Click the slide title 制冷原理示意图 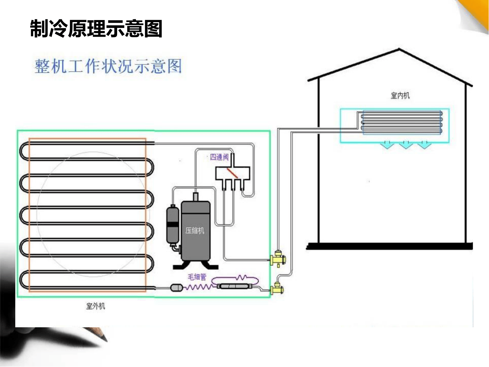(96, 28)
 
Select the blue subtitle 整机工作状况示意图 (108, 66)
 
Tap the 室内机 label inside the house (400, 96)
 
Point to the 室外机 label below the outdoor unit (96, 306)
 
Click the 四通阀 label (219, 157)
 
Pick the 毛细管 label (197, 277)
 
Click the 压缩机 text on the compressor (195, 231)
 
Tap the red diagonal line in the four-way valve (232, 173)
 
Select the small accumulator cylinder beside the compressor (173, 224)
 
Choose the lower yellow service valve (277, 289)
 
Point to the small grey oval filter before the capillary (177, 288)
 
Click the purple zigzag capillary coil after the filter (199, 287)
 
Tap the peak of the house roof (399, 49)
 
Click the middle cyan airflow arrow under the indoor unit (406, 145)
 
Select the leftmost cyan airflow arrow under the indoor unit (388, 145)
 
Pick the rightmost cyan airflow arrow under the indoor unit (424, 145)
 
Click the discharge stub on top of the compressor (195, 197)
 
